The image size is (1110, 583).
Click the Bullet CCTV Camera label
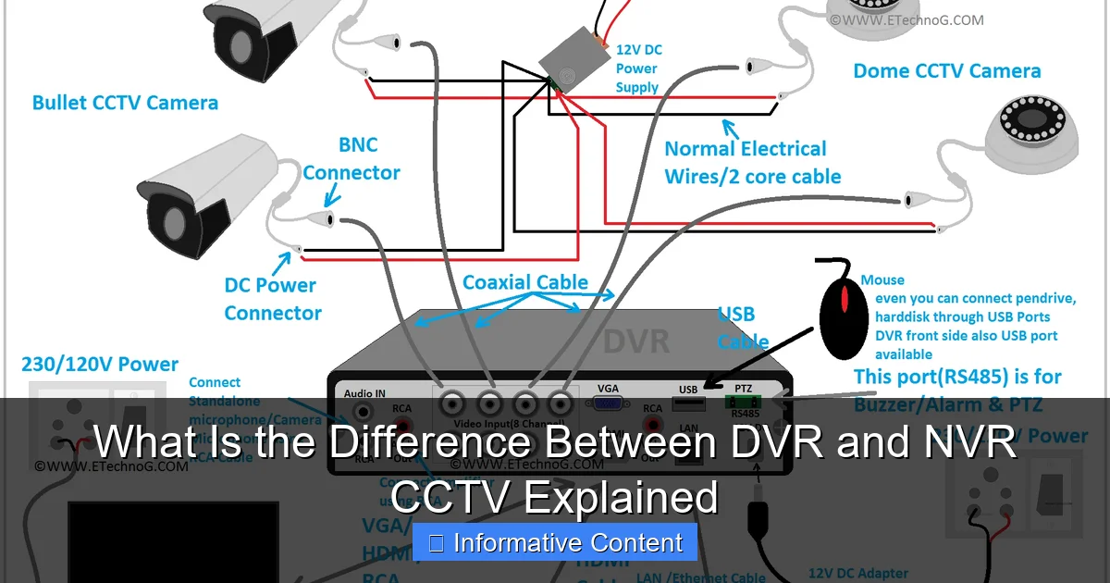[125, 102]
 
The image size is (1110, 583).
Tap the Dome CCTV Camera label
[946, 71]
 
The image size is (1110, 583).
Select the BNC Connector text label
[351, 158]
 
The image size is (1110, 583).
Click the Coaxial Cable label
[524, 282]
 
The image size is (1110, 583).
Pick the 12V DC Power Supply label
[638, 68]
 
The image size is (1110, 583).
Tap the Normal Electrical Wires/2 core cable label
[752, 162]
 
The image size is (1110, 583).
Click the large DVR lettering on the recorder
[636, 340]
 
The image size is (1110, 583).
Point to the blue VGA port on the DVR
[607, 404]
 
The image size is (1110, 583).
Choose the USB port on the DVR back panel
[687, 404]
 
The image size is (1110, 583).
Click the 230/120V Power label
[100, 365]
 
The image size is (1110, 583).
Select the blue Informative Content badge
[554, 543]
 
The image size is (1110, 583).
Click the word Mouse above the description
[882, 279]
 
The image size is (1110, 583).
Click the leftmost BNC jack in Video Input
[452, 404]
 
